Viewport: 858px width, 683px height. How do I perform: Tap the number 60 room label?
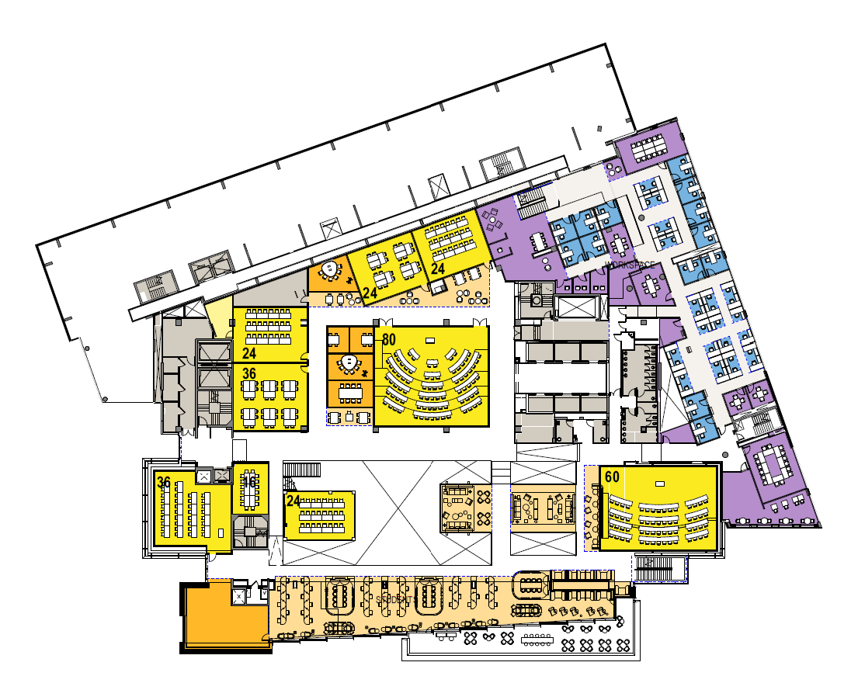coord(612,477)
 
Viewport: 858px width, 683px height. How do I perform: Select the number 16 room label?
coord(248,482)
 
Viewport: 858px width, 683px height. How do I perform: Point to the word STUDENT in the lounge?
coord(394,600)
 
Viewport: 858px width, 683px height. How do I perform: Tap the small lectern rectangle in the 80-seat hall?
coord(429,340)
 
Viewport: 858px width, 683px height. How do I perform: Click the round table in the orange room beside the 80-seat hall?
coord(349,362)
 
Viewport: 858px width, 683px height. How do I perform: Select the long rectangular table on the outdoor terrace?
coord(537,640)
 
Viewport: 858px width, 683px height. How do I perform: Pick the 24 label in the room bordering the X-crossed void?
coord(294,501)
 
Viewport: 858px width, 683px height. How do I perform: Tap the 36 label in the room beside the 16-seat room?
coord(164,481)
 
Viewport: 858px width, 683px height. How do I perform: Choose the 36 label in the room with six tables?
coord(249,373)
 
